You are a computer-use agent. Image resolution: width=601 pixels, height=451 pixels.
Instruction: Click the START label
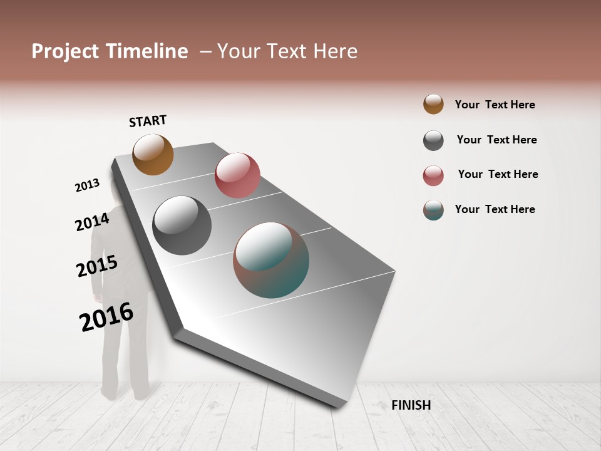tap(148, 121)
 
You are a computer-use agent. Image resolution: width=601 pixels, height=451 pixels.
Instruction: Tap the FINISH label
tap(411, 405)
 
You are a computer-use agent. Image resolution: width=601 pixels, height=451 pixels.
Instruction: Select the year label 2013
tap(87, 185)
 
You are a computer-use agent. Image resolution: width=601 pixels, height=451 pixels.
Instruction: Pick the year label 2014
tap(92, 222)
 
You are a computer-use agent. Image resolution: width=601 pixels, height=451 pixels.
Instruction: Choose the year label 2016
tap(106, 317)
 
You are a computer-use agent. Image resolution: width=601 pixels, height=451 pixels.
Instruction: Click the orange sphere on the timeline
tap(153, 154)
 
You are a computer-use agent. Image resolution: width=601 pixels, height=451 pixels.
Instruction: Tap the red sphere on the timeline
tap(237, 175)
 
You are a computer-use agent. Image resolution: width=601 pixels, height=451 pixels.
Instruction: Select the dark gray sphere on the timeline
tap(182, 225)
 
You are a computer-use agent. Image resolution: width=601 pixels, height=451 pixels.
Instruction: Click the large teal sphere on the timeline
tap(271, 260)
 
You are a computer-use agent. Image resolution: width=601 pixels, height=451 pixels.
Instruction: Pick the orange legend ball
tap(433, 104)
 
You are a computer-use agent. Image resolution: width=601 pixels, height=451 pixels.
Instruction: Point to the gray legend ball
tap(433, 140)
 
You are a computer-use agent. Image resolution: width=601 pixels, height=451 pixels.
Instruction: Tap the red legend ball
tap(433, 175)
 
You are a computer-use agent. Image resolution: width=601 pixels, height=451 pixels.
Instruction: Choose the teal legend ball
tap(433, 210)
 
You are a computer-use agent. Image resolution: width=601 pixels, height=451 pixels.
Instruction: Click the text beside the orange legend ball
tap(495, 105)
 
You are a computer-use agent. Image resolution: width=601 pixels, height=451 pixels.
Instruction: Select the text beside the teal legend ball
tap(495, 209)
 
